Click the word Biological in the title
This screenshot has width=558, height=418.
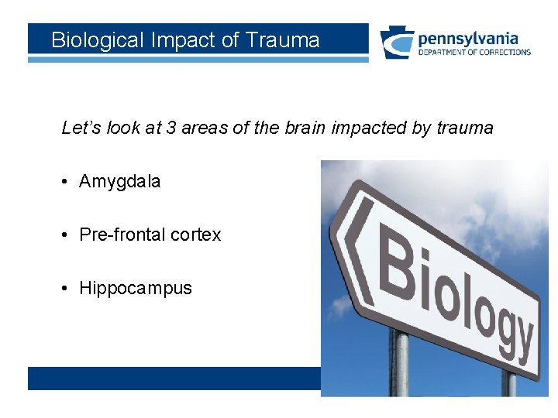(95, 40)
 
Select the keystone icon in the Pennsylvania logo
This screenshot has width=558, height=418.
(396, 43)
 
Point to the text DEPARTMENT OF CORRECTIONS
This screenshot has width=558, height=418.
(474, 53)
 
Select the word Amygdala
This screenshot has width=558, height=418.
(120, 182)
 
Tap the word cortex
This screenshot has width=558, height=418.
(196, 235)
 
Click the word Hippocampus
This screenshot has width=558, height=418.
(136, 289)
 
